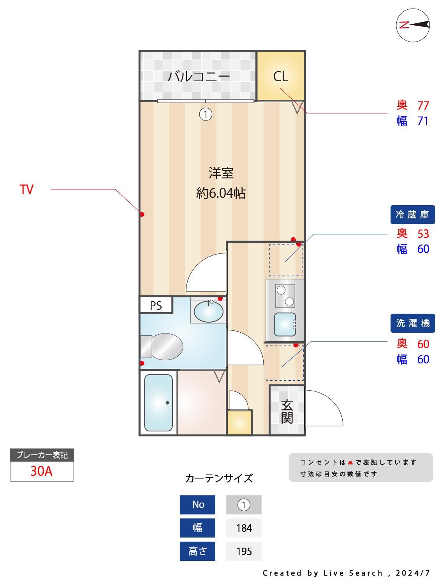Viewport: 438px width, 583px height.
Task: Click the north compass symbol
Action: pos(413,25)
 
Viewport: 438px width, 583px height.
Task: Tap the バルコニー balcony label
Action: pos(199,76)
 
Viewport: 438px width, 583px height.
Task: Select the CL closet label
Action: pos(280,77)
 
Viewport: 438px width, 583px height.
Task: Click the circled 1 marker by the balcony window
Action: pos(206,114)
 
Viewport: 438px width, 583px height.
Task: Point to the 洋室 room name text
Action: pos(221,173)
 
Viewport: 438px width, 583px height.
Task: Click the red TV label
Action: pos(27,190)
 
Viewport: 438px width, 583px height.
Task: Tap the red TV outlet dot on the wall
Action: pos(142,214)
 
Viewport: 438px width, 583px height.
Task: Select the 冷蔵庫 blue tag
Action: pos(412,214)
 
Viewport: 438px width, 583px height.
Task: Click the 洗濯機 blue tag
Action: pos(412,323)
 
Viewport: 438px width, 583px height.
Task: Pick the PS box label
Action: pos(156,305)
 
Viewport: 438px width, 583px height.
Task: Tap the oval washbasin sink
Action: pos(208,311)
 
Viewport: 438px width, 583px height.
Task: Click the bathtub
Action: pos(158,402)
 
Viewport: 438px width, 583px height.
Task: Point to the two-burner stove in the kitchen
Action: pos(285,295)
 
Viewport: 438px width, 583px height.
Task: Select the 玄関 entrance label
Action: pos(287,411)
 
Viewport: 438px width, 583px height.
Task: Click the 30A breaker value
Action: pos(42,471)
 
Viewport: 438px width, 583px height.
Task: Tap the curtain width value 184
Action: pos(244,528)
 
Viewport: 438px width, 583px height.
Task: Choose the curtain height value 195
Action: pos(244,552)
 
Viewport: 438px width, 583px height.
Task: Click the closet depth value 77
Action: pos(423,105)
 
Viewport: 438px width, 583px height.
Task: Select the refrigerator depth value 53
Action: pos(423,234)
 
